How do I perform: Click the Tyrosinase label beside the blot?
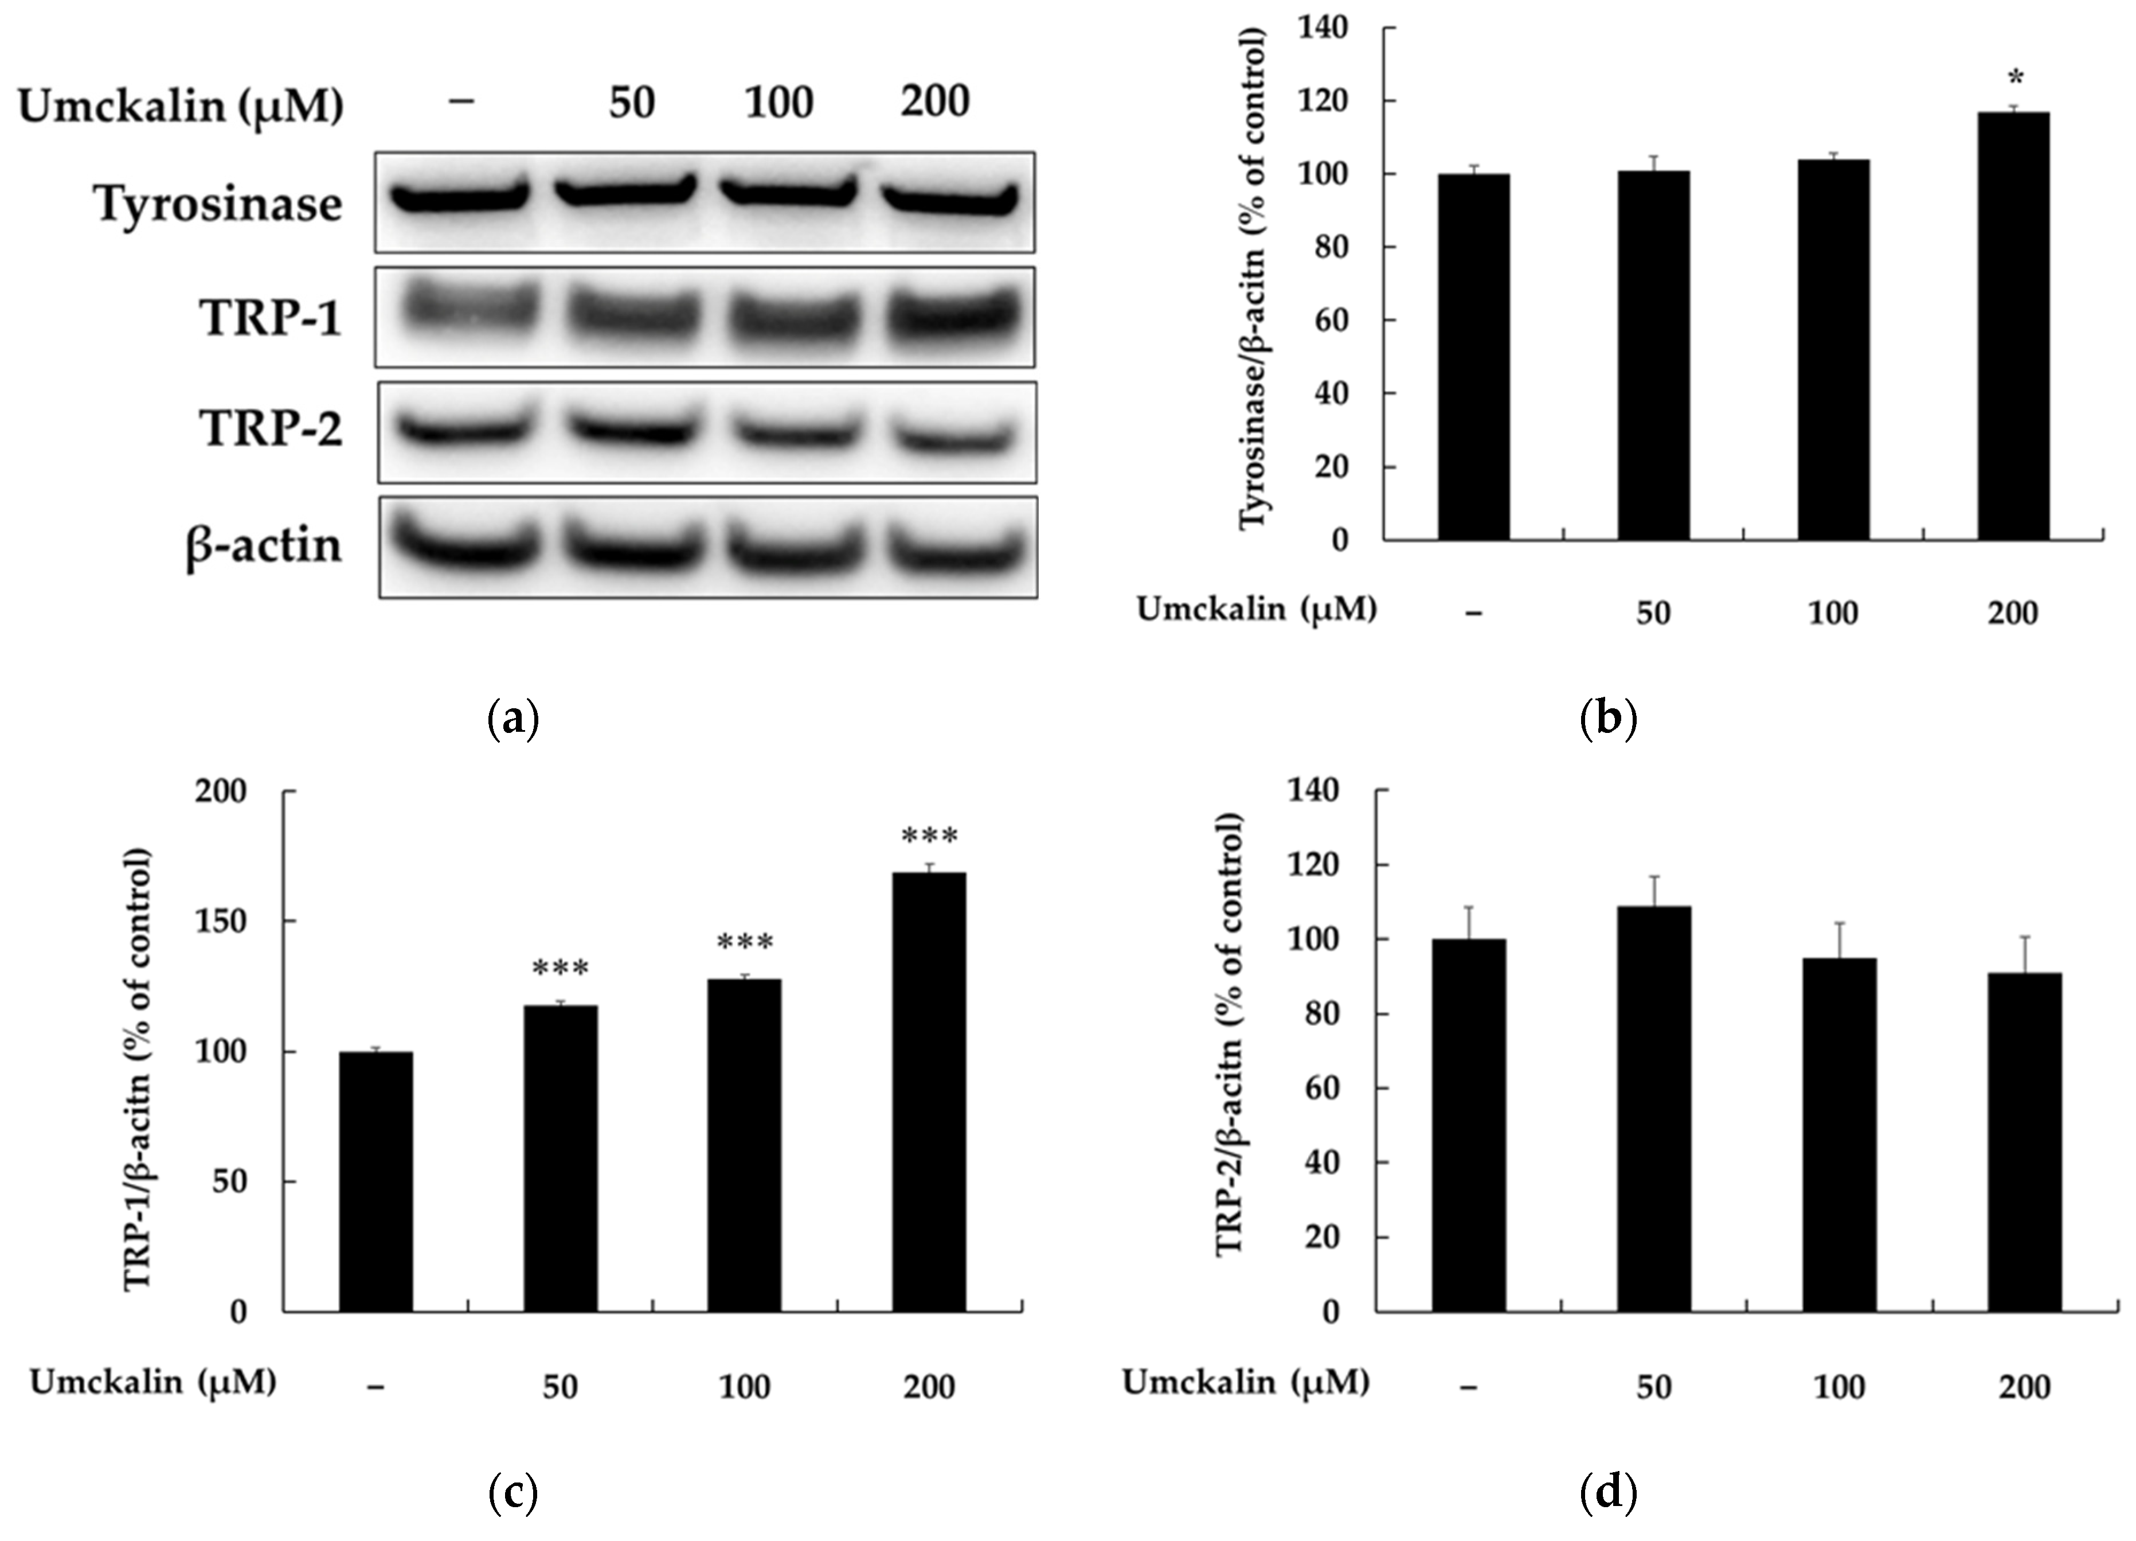coord(218,204)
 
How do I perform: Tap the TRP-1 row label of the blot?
coord(271,318)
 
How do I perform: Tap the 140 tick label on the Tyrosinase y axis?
coord(1323,28)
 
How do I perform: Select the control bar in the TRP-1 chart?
coord(376,1181)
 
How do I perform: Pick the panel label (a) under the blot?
coord(514,720)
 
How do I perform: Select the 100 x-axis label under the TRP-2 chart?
coord(1838,1387)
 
